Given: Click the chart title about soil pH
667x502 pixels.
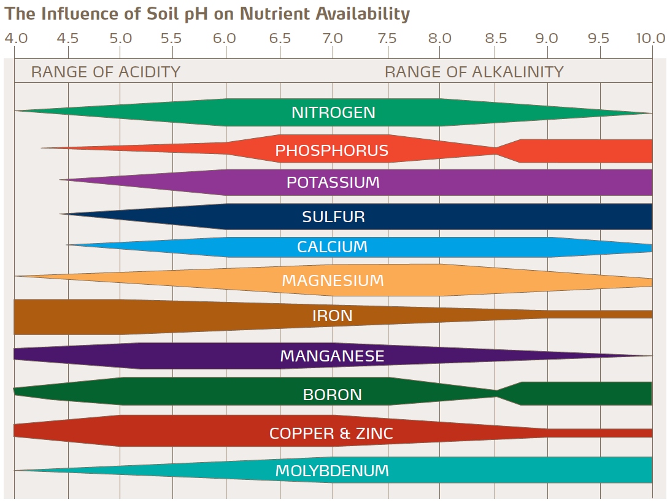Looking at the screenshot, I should coord(207,14).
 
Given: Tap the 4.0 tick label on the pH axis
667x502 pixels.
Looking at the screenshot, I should coord(16,39).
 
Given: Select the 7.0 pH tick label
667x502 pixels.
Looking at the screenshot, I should coord(333,39).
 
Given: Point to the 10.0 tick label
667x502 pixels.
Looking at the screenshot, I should coord(650,39).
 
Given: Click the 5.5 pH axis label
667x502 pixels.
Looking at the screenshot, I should coord(172,39).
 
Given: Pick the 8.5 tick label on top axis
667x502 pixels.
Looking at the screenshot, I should coord(496,39).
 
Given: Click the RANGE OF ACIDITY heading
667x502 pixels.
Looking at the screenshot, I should coord(106,72).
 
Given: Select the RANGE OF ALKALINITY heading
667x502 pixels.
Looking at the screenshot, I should coord(474,72).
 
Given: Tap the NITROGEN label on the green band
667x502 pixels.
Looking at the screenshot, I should coord(333,113).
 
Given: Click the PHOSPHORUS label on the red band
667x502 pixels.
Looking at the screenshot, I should coord(332,151).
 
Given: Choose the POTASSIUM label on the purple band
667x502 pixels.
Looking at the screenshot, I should coord(333,183).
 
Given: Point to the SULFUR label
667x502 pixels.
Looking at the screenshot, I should coord(333,217).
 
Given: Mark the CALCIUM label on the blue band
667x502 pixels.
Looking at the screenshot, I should coord(333,247).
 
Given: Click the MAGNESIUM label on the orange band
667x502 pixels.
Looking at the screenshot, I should coord(333,281).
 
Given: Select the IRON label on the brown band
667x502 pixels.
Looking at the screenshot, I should coord(333,316).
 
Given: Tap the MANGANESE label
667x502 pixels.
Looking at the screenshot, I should coord(332,357).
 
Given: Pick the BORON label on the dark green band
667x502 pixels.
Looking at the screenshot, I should coord(333,395).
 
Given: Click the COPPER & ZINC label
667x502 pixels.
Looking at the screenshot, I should coord(331,434).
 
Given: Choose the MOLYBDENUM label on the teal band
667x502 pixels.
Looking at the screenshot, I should coord(332,471).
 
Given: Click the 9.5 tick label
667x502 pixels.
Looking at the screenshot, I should coord(598,39).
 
